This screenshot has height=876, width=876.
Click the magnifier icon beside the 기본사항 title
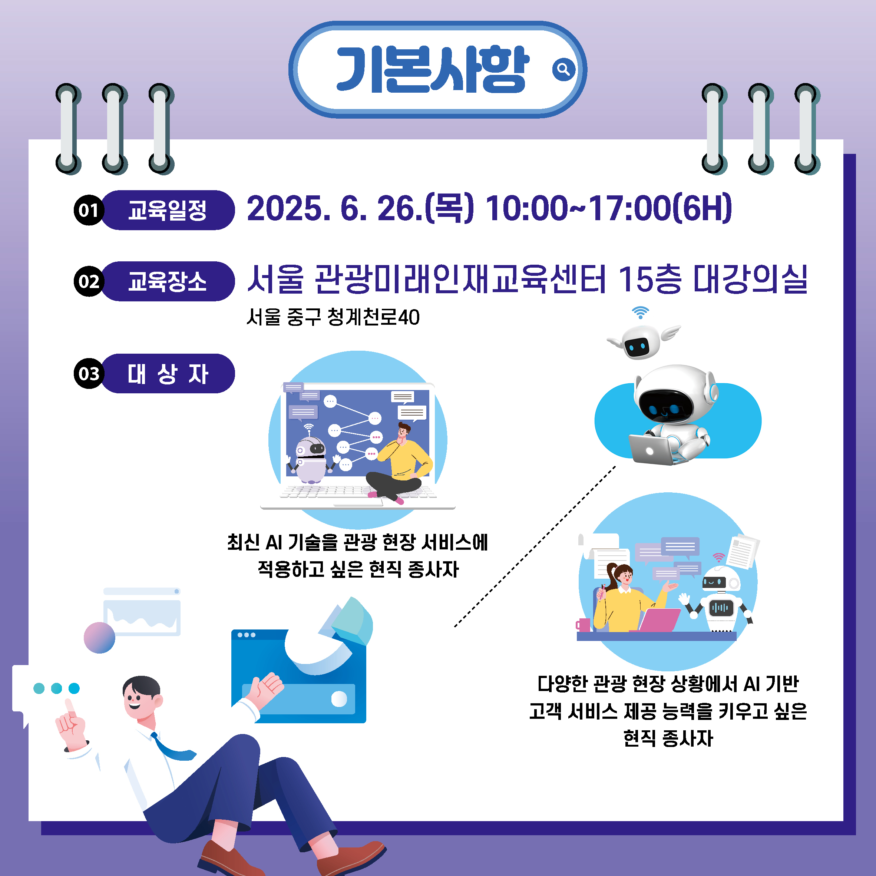pyautogui.click(x=563, y=69)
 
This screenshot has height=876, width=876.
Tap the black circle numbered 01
pyautogui.click(x=89, y=210)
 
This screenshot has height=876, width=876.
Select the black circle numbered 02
pyautogui.click(x=89, y=281)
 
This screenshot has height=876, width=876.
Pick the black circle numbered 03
pyautogui.click(x=89, y=374)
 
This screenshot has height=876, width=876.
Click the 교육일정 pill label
pyautogui.click(x=168, y=210)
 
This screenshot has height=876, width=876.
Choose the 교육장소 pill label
pyautogui.click(x=168, y=281)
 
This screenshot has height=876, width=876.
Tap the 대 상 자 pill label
pyautogui.click(x=168, y=374)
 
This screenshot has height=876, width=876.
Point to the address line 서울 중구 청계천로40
pyautogui.click(x=333, y=317)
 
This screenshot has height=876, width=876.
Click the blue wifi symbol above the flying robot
pyautogui.click(x=640, y=313)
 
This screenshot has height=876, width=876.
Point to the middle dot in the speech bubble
pyautogui.click(x=57, y=688)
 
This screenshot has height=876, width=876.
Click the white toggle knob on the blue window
pyautogui.click(x=339, y=699)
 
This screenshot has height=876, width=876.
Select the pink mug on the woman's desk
pyautogui.click(x=583, y=625)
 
